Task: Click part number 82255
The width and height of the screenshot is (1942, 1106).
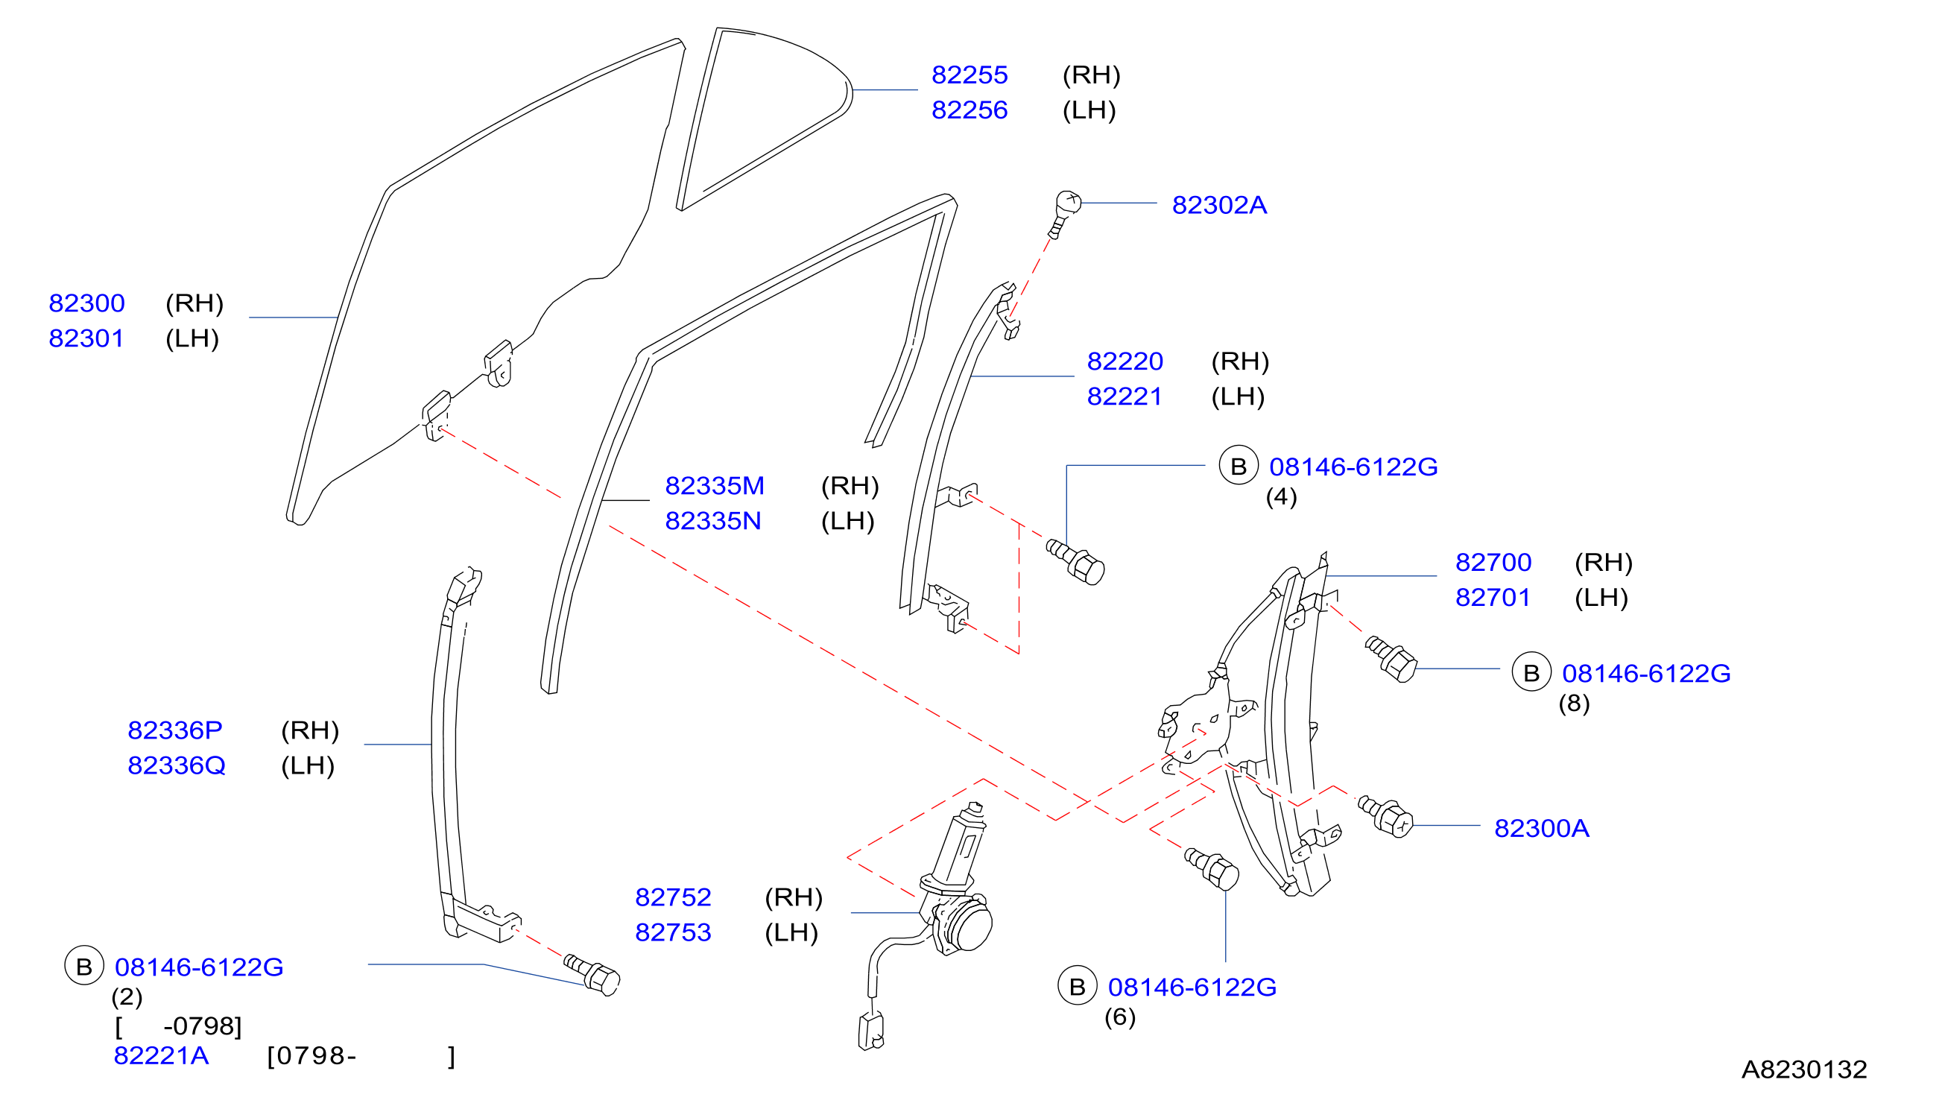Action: click(969, 75)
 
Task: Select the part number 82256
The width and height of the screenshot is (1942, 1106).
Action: click(969, 110)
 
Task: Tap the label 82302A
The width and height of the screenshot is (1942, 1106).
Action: click(1219, 205)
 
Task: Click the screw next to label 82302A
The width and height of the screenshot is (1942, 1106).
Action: click(1065, 213)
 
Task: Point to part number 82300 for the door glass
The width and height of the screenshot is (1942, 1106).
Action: click(86, 303)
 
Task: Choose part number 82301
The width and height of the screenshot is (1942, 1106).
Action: click(86, 338)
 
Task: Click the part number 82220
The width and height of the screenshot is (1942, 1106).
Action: click(1125, 361)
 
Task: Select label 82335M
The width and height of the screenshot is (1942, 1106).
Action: click(715, 485)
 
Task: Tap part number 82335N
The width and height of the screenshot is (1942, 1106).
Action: click(713, 520)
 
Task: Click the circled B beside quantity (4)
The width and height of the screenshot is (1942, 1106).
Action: click(1238, 466)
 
